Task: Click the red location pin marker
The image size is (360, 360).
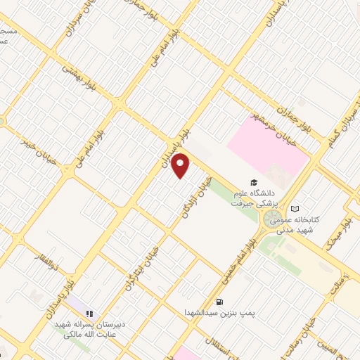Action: coord(181,166)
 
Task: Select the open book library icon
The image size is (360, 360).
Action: coord(295,209)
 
